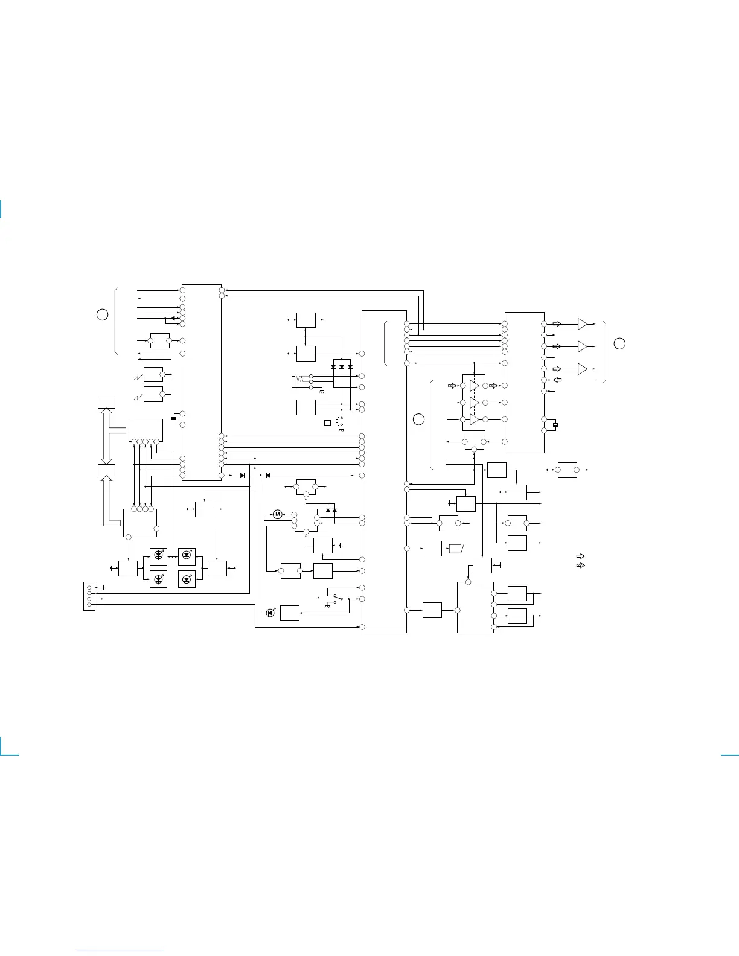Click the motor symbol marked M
(278, 514)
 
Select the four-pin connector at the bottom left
(89, 596)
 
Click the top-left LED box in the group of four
(158, 555)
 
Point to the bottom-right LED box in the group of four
(187, 579)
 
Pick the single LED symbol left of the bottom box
(270, 613)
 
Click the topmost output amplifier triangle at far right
(582, 324)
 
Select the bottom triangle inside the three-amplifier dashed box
(474, 419)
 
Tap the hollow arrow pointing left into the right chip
(557, 380)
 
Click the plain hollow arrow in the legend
(581, 556)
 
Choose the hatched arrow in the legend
(581, 566)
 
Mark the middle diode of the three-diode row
(342, 366)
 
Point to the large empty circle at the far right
(619, 343)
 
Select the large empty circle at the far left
(103, 314)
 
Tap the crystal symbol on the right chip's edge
(555, 425)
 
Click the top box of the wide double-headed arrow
(106, 402)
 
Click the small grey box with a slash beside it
(455, 549)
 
